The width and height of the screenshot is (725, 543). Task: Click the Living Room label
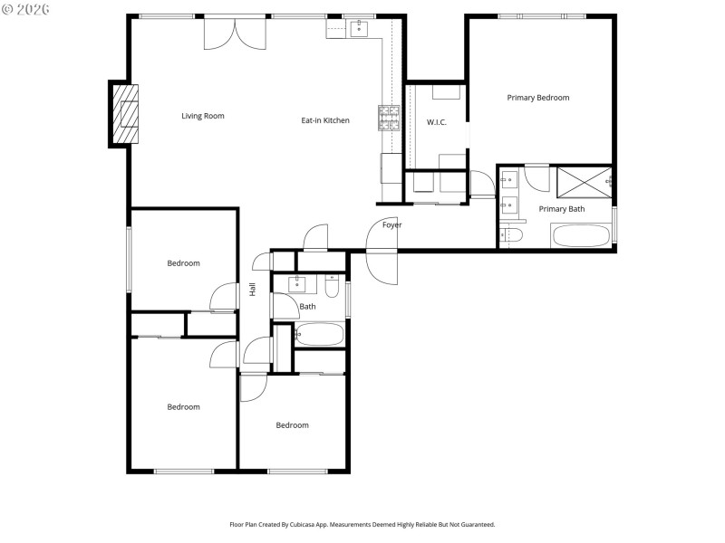[202, 116]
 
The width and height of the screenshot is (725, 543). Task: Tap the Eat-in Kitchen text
[325, 120]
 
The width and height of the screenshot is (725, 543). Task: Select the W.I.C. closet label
[437, 122]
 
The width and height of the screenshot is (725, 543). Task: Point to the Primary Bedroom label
[538, 98]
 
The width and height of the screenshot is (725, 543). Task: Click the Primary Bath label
[562, 209]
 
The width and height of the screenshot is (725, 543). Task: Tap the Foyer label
[391, 224]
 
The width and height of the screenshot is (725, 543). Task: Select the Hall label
[253, 290]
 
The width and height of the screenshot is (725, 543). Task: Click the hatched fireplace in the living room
[126, 113]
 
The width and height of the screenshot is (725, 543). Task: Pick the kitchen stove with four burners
[390, 118]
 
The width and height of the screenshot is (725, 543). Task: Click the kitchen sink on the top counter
[359, 27]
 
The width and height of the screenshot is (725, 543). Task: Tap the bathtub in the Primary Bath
[581, 236]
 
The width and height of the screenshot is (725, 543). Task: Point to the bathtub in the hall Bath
[319, 336]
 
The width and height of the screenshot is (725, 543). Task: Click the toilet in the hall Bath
[332, 289]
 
